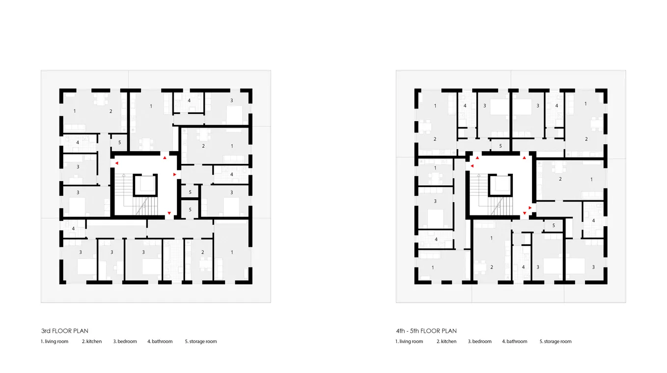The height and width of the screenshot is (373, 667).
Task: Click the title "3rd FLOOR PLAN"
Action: [x=65, y=331]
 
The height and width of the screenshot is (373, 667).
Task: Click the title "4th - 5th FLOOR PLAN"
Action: [x=426, y=331]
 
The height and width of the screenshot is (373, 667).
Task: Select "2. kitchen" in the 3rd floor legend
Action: [x=92, y=342]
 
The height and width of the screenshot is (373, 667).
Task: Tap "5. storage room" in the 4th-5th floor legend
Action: [x=556, y=342]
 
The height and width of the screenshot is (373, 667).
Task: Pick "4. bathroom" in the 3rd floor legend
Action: [x=160, y=342]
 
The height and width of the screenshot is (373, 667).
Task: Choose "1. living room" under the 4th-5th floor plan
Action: [x=409, y=342]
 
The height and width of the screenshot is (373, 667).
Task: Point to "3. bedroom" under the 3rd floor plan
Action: [x=125, y=342]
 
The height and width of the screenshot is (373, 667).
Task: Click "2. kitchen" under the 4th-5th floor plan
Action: [x=446, y=342]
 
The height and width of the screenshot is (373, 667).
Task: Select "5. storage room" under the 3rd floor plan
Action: [x=201, y=342]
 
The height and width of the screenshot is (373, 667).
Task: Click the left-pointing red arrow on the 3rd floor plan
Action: [x=117, y=163]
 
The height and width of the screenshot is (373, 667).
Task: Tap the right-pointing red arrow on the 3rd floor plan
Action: [x=175, y=175]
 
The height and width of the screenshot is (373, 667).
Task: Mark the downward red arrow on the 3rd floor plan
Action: [x=169, y=213]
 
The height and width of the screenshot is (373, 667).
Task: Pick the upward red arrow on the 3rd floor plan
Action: [x=165, y=158]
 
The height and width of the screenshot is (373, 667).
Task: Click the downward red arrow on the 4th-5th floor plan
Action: [x=525, y=213]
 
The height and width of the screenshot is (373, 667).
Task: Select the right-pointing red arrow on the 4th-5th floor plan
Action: [x=530, y=208]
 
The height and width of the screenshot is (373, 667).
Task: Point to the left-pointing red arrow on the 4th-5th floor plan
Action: [x=472, y=166]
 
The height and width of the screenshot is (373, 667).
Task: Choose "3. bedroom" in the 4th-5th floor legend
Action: [x=480, y=342]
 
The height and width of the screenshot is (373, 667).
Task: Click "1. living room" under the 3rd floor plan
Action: [x=55, y=342]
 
